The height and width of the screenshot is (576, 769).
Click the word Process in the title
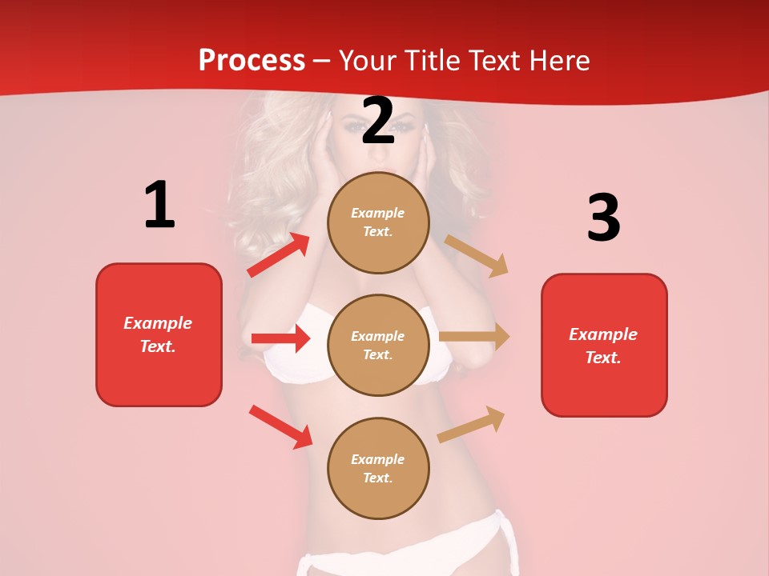click(252, 61)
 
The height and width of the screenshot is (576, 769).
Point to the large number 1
click(159, 206)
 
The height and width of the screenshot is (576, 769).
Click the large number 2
click(378, 122)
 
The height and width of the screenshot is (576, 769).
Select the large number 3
click(603, 218)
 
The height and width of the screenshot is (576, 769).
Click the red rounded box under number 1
click(159, 334)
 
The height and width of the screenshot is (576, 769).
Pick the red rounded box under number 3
click(604, 346)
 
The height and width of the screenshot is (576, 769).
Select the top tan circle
click(378, 222)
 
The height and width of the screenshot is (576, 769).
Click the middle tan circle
click(378, 346)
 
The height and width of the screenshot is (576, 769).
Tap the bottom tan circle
click(378, 469)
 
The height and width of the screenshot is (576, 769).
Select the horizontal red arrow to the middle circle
click(280, 338)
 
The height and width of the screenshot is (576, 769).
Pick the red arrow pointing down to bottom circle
click(280, 426)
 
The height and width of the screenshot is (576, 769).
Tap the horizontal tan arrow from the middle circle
click(474, 337)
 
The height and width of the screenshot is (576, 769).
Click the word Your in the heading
click(365, 61)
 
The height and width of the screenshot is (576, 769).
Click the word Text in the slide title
click(491, 61)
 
